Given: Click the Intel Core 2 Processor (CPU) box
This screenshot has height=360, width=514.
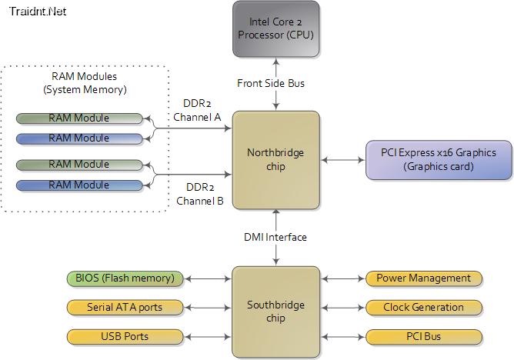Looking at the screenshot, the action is (276, 28).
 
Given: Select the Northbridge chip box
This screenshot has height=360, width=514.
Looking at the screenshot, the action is (276, 160).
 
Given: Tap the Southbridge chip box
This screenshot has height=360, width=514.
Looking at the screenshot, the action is (276, 312).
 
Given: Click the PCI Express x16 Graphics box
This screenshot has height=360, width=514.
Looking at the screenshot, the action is (439, 160).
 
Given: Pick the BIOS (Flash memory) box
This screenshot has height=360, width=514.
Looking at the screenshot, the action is (125, 278).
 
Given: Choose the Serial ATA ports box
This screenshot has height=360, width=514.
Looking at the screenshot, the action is (125, 308).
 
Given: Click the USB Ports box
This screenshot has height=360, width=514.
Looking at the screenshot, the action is (125, 337).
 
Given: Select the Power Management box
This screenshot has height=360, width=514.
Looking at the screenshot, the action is (424, 278).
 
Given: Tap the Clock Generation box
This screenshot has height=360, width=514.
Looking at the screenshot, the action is (424, 308).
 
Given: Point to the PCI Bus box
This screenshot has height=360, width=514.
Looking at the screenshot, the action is (424, 337).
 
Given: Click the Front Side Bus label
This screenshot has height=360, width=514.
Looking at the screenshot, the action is (271, 83).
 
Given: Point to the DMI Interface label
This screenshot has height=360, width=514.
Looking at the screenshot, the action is (275, 237).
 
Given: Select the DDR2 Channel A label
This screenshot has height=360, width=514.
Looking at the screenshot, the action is (197, 110).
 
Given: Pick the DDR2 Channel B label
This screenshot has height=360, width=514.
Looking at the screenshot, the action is (200, 194).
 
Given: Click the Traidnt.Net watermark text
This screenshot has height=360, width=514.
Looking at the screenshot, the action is (38, 11).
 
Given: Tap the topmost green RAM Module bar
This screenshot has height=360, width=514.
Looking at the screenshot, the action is (79, 118).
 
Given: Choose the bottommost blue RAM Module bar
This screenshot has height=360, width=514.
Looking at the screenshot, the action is (79, 185).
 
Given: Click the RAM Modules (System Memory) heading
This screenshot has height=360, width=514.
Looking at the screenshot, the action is (85, 83).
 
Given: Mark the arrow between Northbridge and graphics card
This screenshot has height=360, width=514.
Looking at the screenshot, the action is (343, 160).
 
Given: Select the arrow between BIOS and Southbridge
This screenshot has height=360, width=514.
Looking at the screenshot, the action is (208, 278).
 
